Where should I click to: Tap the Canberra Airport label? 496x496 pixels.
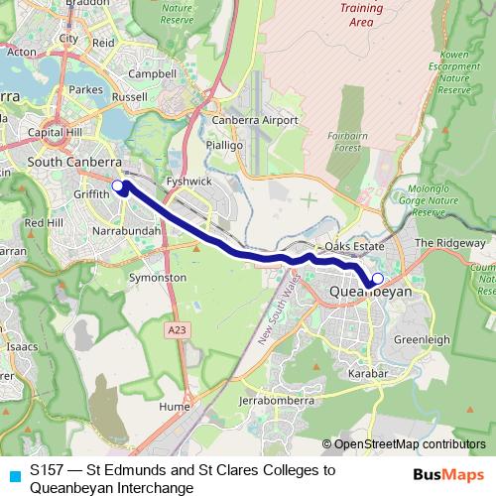click(x=256, y=120)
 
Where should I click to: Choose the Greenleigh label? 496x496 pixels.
click(x=422, y=339)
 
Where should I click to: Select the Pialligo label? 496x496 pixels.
click(x=225, y=145)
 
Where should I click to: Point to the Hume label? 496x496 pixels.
click(x=174, y=406)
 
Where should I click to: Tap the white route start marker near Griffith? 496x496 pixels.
click(x=117, y=186)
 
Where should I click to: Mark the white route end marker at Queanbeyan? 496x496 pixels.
click(x=377, y=279)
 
